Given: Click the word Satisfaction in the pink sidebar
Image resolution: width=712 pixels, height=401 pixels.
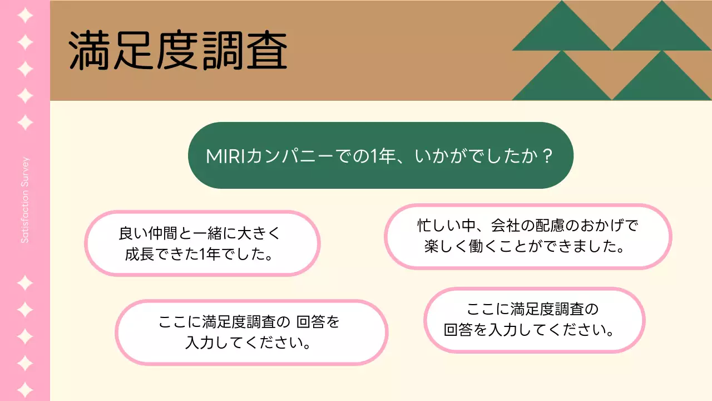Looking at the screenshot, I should tap(25, 219).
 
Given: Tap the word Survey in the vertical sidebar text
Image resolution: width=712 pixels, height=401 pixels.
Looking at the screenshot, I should tap(25, 174).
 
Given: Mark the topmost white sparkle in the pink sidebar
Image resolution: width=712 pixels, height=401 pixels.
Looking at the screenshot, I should tap(25, 15).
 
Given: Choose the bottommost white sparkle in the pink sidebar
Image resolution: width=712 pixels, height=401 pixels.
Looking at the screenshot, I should tap(25, 388).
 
